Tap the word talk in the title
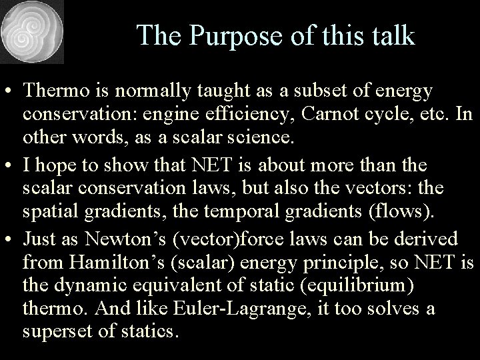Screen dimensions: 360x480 tap(392, 35)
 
